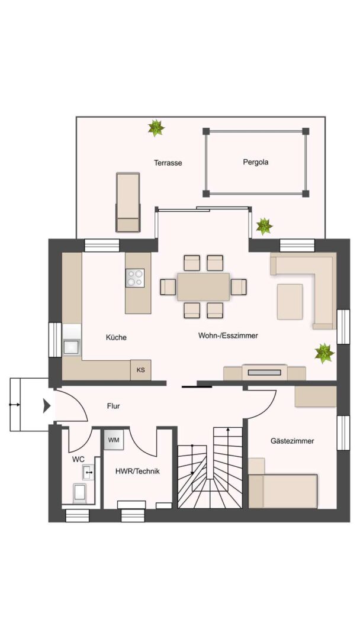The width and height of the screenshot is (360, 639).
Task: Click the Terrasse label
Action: [x=168, y=163]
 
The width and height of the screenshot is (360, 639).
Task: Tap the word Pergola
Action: [x=256, y=162]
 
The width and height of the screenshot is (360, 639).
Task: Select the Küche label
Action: [x=116, y=337]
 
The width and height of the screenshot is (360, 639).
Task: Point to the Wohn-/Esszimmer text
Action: [x=228, y=336]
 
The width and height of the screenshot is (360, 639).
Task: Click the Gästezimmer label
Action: [x=292, y=441]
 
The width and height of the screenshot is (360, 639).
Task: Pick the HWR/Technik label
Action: [x=137, y=472]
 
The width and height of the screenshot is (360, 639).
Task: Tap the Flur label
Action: [x=113, y=406]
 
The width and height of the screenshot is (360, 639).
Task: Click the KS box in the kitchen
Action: [x=141, y=370]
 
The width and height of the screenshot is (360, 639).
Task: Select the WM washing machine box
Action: [x=114, y=440]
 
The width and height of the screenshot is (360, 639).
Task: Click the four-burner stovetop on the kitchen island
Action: [x=135, y=278]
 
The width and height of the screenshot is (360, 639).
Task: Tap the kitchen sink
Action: [x=72, y=347]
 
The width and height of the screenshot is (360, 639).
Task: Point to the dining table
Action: [x=204, y=286]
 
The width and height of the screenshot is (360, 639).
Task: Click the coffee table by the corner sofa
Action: [x=290, y=302]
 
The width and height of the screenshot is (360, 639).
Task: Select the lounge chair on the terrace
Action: [x=128, y=202]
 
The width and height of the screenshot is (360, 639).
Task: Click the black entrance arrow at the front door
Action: [x=47, y=406]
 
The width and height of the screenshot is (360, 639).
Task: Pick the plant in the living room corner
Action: [x=324, y=353]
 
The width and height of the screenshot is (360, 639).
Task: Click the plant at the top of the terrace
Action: [x=156, y=128]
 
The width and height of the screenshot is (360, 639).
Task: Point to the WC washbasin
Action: [x=88, y=473]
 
